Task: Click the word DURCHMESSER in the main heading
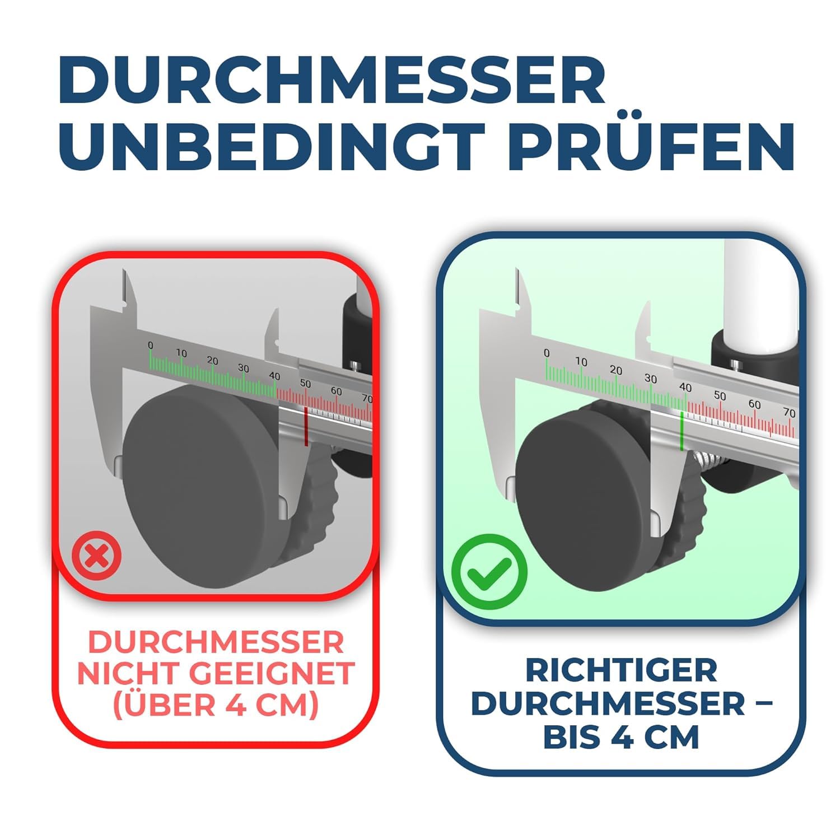[x=332, y=80]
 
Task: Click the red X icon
[x=97, y=556]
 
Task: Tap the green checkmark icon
[x=489, y=571]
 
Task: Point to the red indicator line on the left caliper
[x=306, y=427]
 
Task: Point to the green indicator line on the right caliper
[x=682, y=431]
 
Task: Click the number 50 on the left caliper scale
[x=305, y=384]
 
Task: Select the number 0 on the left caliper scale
[x=150, y=346]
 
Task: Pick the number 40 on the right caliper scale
[x=685, y=388]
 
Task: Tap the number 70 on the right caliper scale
[x=789, y=413]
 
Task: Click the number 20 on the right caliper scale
[x=616, y=370]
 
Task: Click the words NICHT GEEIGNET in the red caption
[x=216, y=673]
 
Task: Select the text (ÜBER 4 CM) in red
[x=216, y=704]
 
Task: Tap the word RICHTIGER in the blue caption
[x=622, y=670]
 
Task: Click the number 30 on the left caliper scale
[x=243, y=368]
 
